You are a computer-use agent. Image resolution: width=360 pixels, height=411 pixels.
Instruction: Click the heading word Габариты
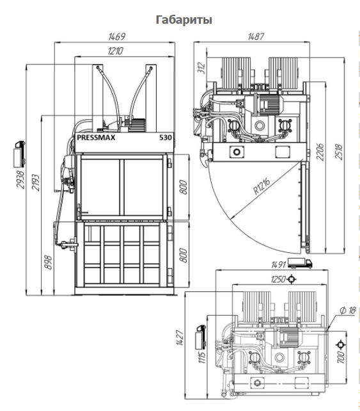(x=184, y=20)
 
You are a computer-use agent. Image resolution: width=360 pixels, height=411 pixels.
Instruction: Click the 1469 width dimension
(x=116, y=36)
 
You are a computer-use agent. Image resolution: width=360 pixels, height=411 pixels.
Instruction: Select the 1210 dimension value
(x=115, y=51)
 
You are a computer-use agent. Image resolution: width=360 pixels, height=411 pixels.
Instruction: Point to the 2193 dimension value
(x=35, y=182)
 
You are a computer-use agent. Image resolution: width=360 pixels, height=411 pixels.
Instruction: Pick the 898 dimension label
(x=49, y=262)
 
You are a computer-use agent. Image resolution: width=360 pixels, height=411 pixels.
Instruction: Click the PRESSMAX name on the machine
(x=96, y=138)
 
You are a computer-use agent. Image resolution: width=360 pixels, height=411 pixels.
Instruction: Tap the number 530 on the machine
(x=166, y=138)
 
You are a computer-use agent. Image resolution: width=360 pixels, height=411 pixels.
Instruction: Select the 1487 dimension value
(x=256, y=36)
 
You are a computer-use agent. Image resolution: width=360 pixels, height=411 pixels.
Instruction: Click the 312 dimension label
(x=202, y=68)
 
